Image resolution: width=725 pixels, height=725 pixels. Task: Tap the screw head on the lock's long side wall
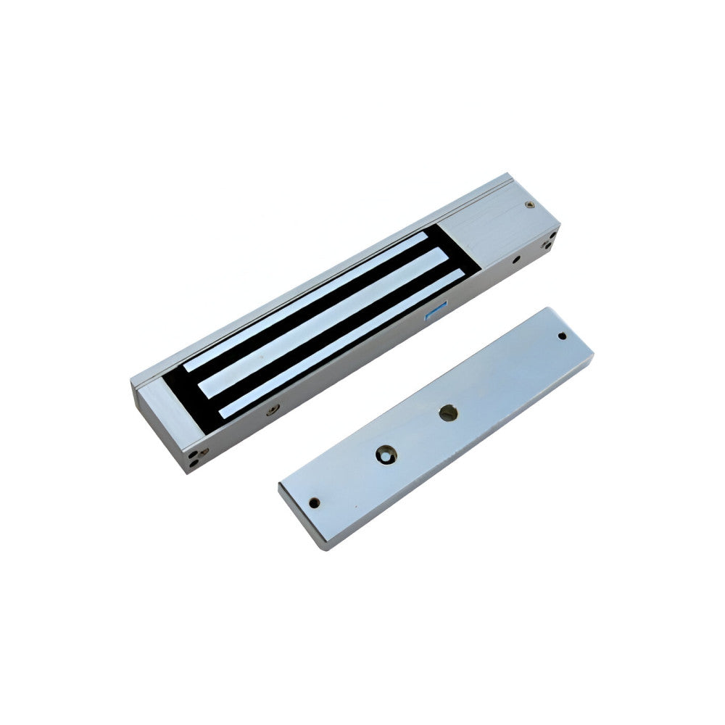pyautogui.click(x=273, y=410)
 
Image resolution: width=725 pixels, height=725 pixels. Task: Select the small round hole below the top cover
pyautogui.click(x=515, y=258)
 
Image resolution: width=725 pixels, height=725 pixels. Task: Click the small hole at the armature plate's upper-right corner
pyautogui.click(x=562, y=336)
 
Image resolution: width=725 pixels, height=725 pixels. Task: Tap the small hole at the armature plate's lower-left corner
pyautogui.click(x=314, y=501)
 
